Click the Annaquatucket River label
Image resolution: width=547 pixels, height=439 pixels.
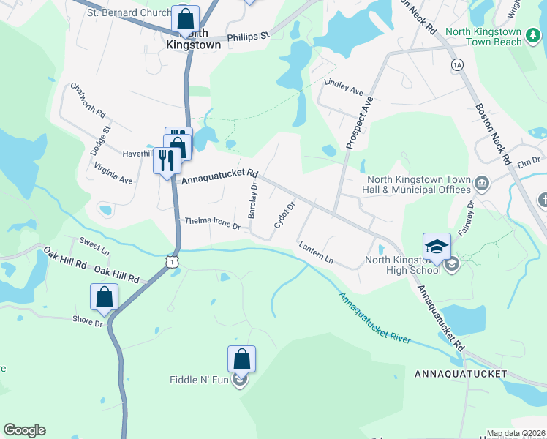(x=375, y=319)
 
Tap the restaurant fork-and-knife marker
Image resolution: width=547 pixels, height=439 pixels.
(x=167, y=160)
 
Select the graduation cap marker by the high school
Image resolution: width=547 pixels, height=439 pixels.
(x=437, y=246)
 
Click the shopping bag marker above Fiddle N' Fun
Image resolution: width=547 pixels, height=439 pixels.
(x=241, y=359)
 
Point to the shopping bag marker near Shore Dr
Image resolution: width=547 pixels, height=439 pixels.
(x=104, y=297)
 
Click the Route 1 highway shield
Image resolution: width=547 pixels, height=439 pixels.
(x=170, y=261)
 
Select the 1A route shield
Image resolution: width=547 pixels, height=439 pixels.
(x=458, y=65)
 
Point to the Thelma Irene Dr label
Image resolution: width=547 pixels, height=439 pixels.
(x=212, y=223)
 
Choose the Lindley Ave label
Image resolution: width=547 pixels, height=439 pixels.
(x=344, y=87)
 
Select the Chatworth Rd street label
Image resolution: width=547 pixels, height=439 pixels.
(x=88, y=101)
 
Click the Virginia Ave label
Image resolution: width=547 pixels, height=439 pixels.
(x=113, y=173)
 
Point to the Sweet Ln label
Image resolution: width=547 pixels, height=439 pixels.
(x=94, y=245)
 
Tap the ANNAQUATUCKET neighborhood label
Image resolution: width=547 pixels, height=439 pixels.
(x=460, y=374)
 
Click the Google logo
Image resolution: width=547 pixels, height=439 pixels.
(x=24, y=430)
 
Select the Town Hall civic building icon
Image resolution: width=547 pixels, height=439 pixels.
(x=482, y=182)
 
